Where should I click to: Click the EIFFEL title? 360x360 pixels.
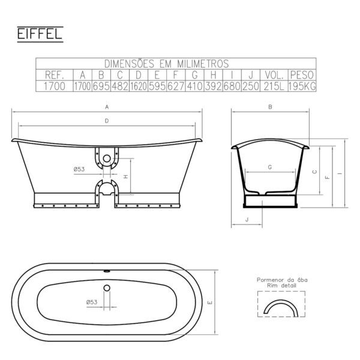coord(40,34)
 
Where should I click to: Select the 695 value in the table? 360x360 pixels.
coord(101,86)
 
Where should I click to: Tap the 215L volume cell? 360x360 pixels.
coord(274,86)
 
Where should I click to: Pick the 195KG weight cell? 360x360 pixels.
coord(302,86)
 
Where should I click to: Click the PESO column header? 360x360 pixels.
coord(302,75)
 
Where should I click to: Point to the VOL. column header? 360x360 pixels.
coord(274,75)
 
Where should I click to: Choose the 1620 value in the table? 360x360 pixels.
coord(139,86)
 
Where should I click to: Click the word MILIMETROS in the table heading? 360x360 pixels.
coord(203,64)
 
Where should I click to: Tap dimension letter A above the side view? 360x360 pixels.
coord(107,107)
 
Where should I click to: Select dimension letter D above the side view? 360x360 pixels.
coord(107,121)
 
